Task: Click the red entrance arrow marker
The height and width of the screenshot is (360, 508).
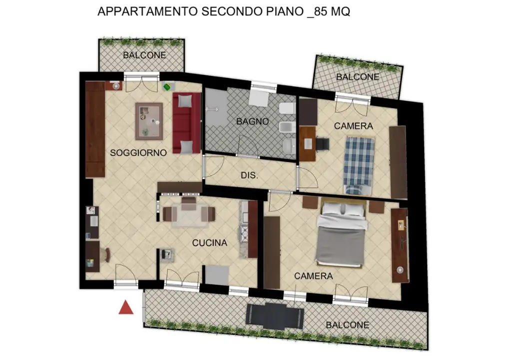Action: [x=126, y=307]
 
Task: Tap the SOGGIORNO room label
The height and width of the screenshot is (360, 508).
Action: [x=138, y=153]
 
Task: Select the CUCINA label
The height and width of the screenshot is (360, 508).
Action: [x=210, y=243]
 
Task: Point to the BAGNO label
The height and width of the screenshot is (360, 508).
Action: [x=253, y=121]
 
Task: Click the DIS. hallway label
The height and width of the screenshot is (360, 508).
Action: [x=249, y=176]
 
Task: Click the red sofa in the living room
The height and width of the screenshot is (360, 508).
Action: [x=186, y=123]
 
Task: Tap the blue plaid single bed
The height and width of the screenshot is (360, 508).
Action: [x=359, y=163]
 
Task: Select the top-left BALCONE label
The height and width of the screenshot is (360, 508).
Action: [x=144, y=55]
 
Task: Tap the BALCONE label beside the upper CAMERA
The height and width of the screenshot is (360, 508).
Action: [x=357, y=77]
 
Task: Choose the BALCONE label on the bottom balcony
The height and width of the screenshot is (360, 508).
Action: [x=347, y=325]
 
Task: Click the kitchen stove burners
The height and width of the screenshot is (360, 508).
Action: [x=245, y=232]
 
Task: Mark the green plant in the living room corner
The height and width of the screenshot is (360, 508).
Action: [x=167, y=87]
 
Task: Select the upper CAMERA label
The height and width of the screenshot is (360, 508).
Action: [x=353, y=126]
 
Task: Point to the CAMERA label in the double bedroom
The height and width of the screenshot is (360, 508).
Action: [x=313, y=276]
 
